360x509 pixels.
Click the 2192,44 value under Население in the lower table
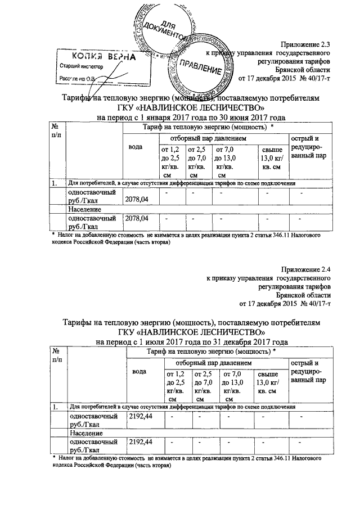[141, 442]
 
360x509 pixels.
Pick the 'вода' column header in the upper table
[135, 147]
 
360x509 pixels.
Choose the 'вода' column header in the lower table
[139, 372]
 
